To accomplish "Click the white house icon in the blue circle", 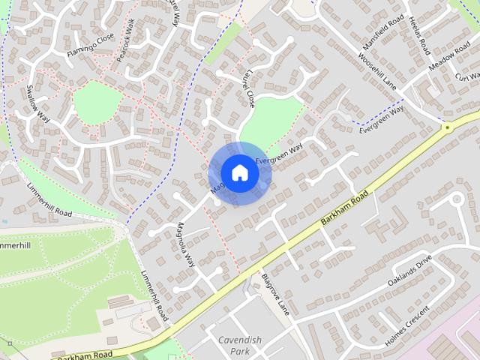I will (x=239, y=173).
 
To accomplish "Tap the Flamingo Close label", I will (x=90, y=45).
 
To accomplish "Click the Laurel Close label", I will (x=247, y=90).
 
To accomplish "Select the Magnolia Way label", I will (x=185, y=245).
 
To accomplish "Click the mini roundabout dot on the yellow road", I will (x=448, y=128).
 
